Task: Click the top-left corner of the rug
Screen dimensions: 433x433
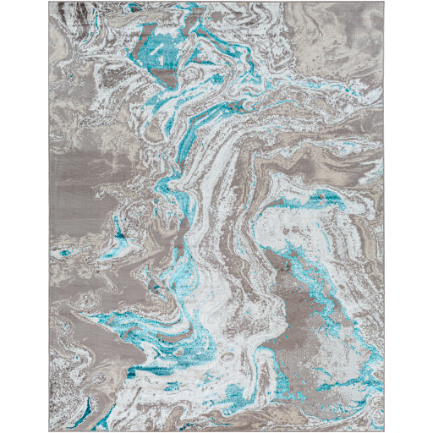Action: pos(49,3)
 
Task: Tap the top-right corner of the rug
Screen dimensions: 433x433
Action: pos(385,3)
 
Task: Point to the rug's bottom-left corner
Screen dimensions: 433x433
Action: pos(49,430)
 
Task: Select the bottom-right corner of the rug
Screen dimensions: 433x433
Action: pos(385,430)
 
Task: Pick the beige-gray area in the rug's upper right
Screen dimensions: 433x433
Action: pos(338,59)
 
